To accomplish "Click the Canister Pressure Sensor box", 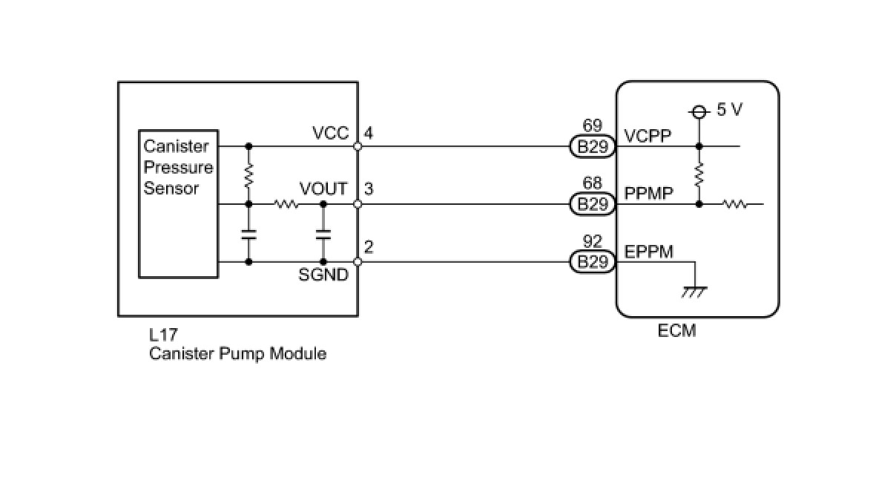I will pyautogui.click(x=178, y=204).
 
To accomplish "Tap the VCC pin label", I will pyautogui.click(x=330, y=134).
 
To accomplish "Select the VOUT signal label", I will pyautogui.click(x=323, y=189).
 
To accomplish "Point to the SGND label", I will pyautogui.click(x=323, y=275).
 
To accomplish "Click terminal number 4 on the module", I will pyautogui.click(x=369, y=134).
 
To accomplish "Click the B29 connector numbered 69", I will pyautogui.click(x=593, y=146).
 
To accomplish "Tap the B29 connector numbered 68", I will pyautogui.click(x=593, y=204).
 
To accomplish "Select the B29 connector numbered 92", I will pyautogui.click(x=593, y=261).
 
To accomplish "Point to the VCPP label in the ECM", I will pyautogui.click(x=649, y=137).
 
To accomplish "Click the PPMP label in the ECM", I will pyautogui.click(x=649, y=194).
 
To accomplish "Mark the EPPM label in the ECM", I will pyautogui.click(x=649, y=252).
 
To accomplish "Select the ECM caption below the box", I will pyautogui.click(x=676, y=331).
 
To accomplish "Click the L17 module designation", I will pyautogui.click(x=163, y=335).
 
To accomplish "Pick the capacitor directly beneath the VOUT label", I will pyautogui.click(x=323, y=233).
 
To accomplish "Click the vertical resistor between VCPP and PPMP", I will pyautogui.click(x=699, y=175).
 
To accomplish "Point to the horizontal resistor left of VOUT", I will pyautogui.click(x=286, y=204).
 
